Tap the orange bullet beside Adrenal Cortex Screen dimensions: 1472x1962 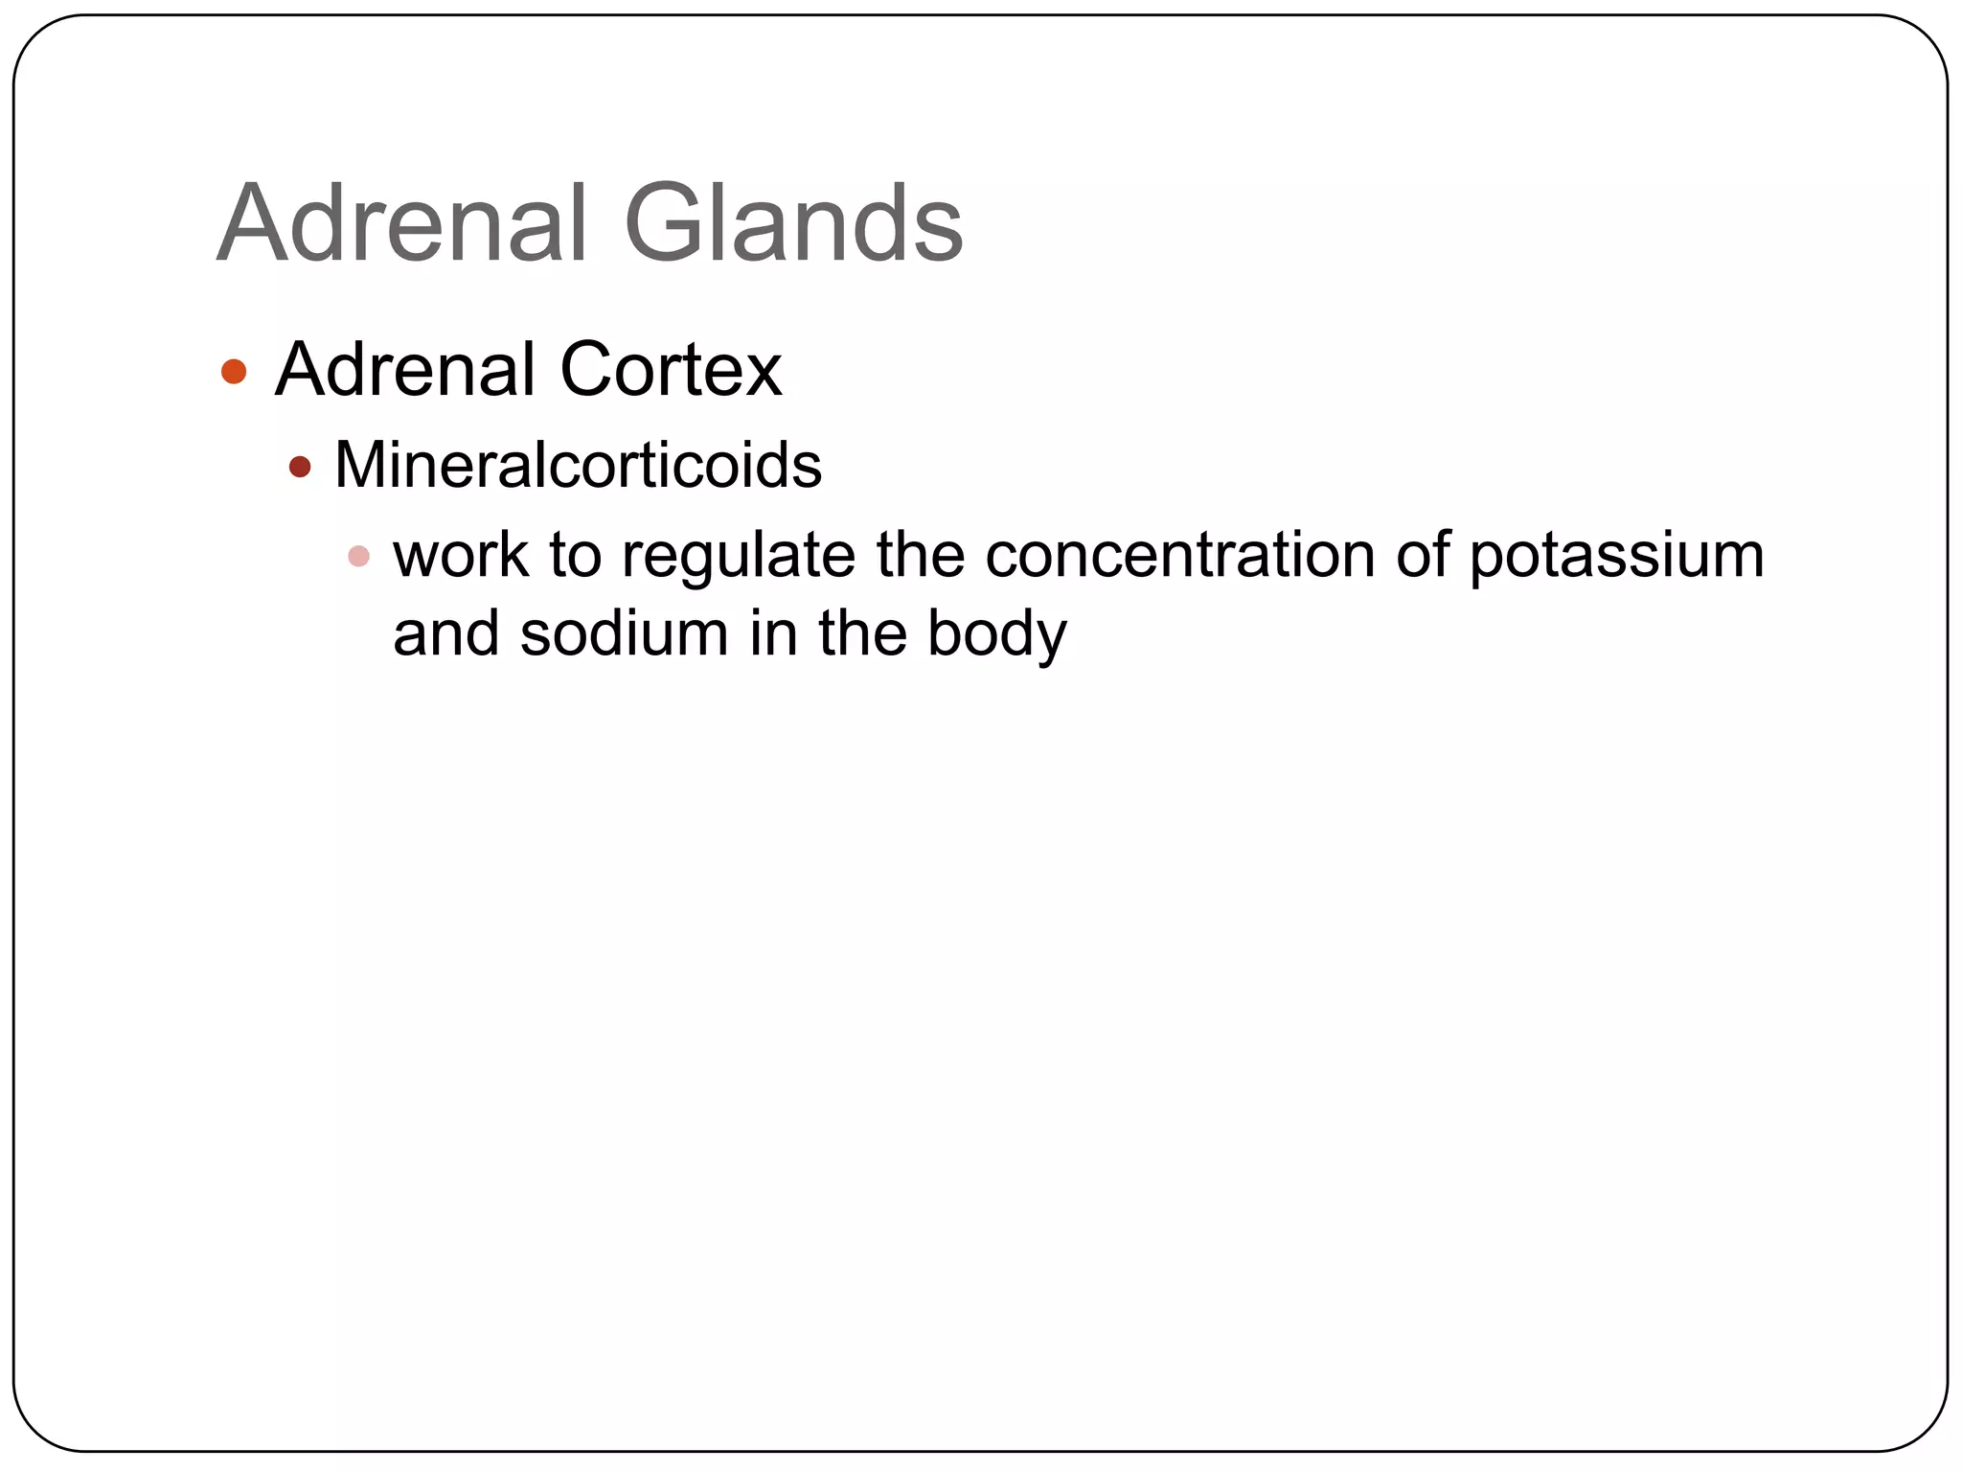pos(234,371)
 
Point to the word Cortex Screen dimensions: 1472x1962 pos(671,370)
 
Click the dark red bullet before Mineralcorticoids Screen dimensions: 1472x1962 pos(300,467)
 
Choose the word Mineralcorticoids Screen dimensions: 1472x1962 pos(578,466)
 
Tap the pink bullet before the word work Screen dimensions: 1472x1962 pos(358,556)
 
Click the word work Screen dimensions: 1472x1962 pos(460,555)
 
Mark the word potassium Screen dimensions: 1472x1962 pos(1616,557)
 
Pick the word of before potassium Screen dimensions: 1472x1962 pos(1422,555)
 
